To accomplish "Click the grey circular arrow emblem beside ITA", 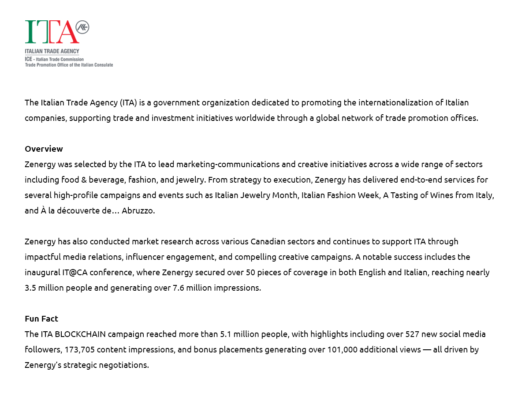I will click(x=82, y=27).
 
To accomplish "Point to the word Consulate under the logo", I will click(x=103, y=65).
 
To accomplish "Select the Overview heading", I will click(x=44, y=149).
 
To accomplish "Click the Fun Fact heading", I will click(x=41, y=318).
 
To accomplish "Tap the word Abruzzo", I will click(x=138, y=210).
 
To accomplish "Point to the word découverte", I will click(x=77, y=210).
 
